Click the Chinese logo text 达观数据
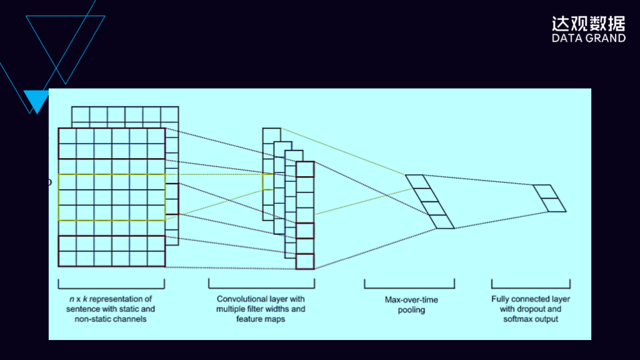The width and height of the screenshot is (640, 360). coord(588,24)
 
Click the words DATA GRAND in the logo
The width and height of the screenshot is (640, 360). coord(588,39)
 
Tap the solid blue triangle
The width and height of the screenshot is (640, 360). coord(36,100)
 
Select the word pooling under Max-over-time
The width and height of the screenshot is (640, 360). coord(411,310)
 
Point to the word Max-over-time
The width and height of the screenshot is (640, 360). coord(411,300)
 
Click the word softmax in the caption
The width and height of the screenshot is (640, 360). coord(517,319)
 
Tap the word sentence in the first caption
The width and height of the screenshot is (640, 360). coord(86,309)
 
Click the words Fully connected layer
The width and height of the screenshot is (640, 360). coord(531,299)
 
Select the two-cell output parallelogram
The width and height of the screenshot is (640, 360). coord(549,198)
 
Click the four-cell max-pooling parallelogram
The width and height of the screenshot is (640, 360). coord(430,201)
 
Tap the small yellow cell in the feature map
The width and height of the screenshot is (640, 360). coord(267,182)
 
